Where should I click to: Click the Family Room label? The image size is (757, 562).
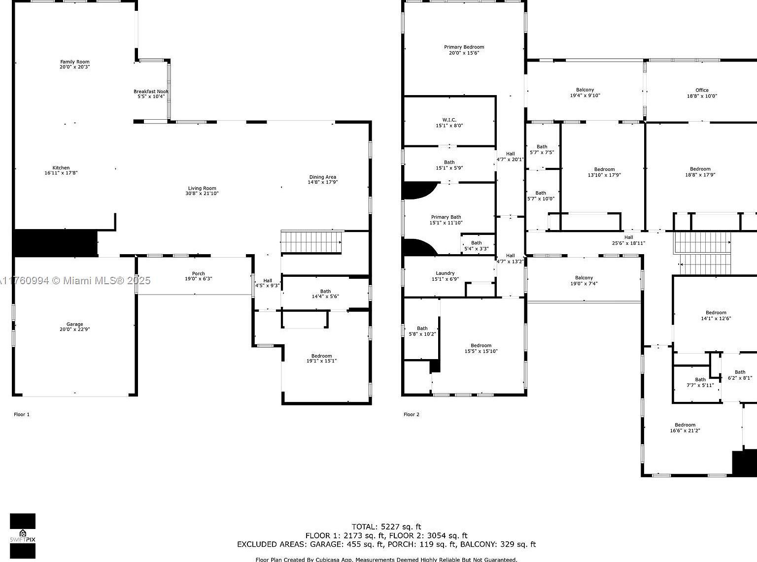click(75, 62)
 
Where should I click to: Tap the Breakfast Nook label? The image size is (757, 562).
click(151, 92)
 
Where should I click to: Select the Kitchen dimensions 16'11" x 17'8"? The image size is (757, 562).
click(61, 173)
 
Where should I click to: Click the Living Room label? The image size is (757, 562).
click(202, 188)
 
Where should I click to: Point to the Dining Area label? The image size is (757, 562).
click(323, 177)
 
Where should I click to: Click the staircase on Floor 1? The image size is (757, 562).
click(311, 242)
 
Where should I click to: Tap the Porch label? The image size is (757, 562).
click(199, 274)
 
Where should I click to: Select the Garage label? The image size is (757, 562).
click(75, 324)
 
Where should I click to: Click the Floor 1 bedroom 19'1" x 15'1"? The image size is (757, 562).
click(321, 359)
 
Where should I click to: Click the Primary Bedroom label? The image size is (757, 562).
click(464, 47)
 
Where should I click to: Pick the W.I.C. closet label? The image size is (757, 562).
click(449, 120)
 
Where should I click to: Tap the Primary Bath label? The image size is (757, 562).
click(446, 217)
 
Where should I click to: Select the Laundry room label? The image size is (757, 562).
click(445, 273)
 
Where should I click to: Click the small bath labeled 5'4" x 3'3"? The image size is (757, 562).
click(476, 246)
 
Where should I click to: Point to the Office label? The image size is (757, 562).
click(702, 90)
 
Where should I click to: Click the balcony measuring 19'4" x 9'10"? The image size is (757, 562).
click(585, 93)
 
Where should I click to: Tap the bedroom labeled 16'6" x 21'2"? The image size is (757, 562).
click(685, 428)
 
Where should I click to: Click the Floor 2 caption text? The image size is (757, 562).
click(412, 414)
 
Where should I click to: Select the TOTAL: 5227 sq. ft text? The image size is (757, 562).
click(386, 527)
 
